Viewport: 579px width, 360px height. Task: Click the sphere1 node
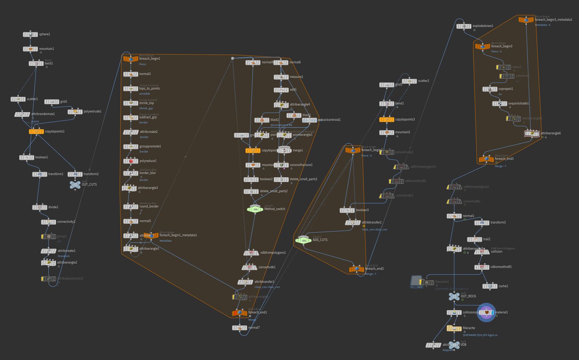(31, 34)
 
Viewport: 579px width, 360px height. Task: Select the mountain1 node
(31, 49)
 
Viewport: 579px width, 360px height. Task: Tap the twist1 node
(36, 63)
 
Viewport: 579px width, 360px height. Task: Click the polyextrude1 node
(75, 111)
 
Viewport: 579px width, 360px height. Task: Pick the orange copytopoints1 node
(36, 131)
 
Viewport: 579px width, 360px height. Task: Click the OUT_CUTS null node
(75, 185)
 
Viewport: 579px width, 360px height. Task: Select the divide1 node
(40, 207)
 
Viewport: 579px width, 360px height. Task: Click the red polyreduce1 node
(131, 161)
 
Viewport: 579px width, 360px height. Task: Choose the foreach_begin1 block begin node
(131, 59)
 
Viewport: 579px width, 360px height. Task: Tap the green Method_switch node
(255, 209)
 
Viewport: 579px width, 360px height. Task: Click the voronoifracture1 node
(281, 165)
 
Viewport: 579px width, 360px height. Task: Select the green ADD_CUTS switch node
(303, 240)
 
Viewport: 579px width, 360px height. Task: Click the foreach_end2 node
(356, 269)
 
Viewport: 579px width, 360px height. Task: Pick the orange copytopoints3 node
(387, 119)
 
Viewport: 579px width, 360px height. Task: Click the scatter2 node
(410, 81)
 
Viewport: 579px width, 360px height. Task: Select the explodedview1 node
(464, 26)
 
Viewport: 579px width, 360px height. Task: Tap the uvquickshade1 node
(500, 103)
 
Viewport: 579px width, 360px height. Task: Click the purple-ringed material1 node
(486, 312)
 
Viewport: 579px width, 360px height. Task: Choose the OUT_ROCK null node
(454, 297)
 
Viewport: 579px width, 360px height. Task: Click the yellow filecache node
(454, 328)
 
